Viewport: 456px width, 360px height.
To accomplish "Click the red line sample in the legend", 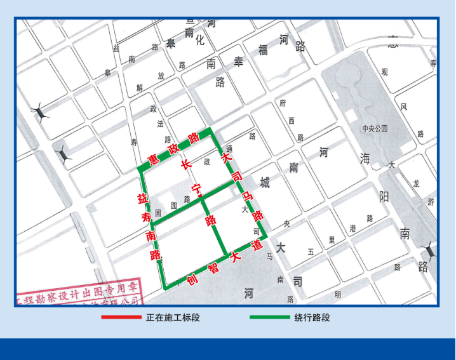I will point(121,317).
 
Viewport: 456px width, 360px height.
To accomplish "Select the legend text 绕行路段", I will point(312,317).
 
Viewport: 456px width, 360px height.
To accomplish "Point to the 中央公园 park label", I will point(375,128).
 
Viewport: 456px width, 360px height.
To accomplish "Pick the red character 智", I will point(214,269).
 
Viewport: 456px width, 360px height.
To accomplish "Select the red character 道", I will point(257,246).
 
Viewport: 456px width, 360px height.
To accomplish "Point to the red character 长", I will point(185,164).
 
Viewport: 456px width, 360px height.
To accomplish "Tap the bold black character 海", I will point(365,159).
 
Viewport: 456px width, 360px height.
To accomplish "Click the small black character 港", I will point(352,228).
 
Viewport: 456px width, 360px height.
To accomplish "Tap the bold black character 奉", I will point(239,62).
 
